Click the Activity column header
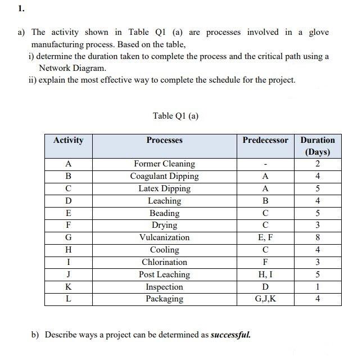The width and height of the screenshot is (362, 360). [x=68, y=140]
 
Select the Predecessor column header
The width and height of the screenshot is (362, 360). [x=265, y=140]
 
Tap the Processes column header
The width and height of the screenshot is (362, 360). [x=164, y=140]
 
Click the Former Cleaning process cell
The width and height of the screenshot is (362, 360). [x=164, y=164]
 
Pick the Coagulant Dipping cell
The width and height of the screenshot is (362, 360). [x=164, y=176]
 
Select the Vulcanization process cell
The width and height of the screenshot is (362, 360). [x=164, y=237]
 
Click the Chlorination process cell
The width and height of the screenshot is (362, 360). [x=164, y=262]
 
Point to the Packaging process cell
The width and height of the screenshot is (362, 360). [x=164, y=299]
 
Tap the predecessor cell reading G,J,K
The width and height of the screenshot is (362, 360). [x=265, y=299]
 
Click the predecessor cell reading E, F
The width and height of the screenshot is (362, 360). [x=265, y=237]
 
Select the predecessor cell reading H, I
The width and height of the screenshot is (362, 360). [x=265, y=274]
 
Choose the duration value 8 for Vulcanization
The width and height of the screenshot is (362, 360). [x=318, y=237]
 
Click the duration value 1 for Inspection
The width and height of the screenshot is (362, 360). [x=318, y=287]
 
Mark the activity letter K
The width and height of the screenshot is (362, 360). [x=68, y=287]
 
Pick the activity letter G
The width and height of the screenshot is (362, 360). [x=68, y=237]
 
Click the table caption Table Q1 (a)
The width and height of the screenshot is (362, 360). [x=175, y=116]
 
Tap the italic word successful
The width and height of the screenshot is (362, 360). [x=230, y=335]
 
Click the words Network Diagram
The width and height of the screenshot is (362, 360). [x=72, y=67]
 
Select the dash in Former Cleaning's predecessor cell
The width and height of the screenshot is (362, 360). [x=265, y=164]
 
